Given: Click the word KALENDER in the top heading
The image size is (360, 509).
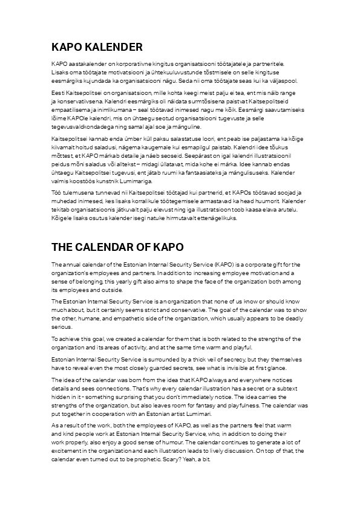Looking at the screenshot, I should click(x=116, y=47).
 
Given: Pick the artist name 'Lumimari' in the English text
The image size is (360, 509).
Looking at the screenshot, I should click(x=197, y=414).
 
